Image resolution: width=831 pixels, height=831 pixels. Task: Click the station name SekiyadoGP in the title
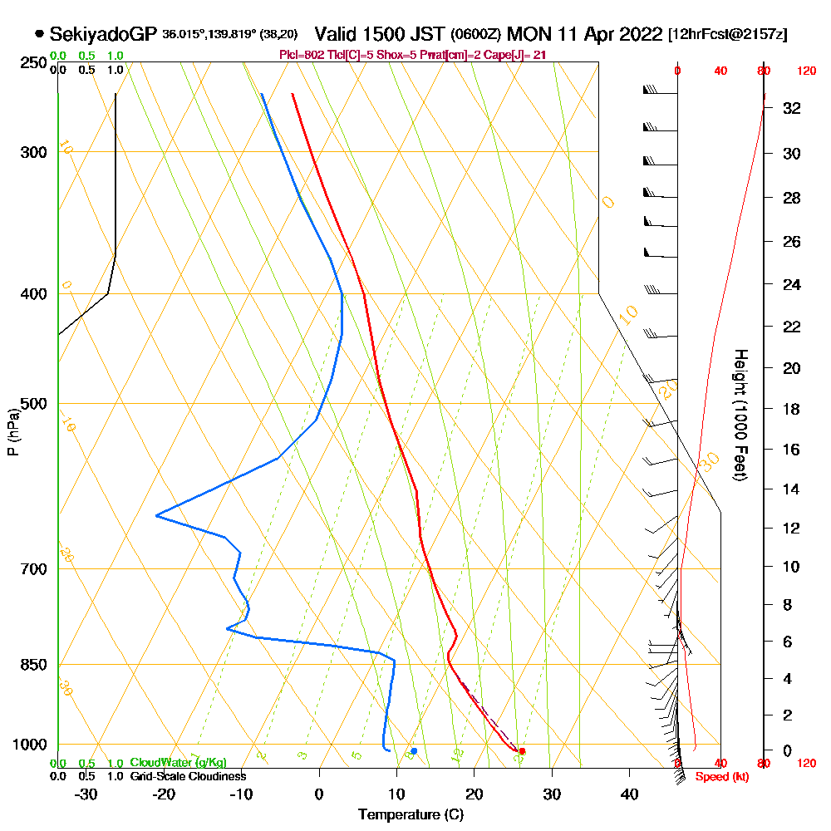click(103, 35)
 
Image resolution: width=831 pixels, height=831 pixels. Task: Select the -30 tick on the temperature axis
click(86, 794)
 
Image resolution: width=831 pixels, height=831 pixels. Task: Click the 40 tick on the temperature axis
click(629, 794)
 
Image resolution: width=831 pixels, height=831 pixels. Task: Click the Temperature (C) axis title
click(411, 815)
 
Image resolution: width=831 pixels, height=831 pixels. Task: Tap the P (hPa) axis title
click(12, 431)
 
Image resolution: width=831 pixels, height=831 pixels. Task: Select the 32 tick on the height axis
click(792, 108)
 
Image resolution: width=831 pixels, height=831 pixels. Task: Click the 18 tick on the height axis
click(792, 409)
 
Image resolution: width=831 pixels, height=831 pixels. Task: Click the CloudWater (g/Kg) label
click(178, 763)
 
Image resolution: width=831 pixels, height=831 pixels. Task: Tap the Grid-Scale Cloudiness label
click(188, 776)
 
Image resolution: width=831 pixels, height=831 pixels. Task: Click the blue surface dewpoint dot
click(414, 751)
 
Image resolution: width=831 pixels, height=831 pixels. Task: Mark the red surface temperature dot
click(523, 751)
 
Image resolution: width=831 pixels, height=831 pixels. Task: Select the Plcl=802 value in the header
click(304, 55)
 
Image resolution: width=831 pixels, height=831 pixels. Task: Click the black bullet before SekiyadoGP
click(39, 35)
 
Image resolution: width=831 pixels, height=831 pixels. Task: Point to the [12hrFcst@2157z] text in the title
click(727, 35)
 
